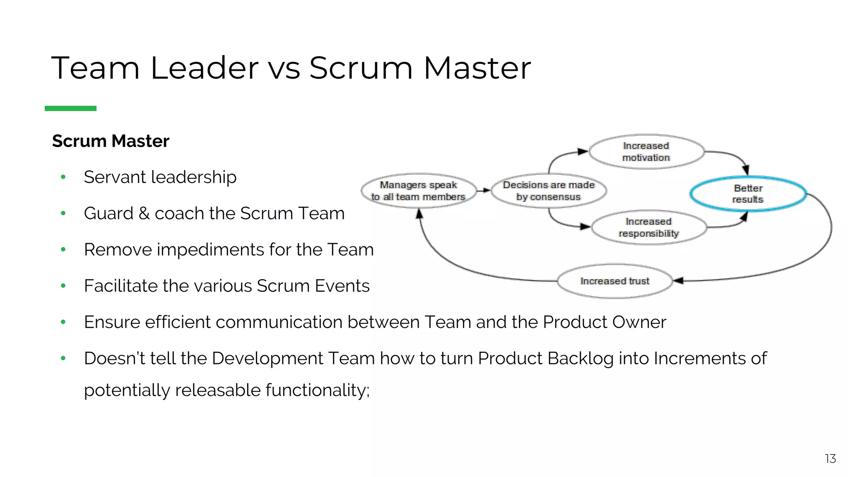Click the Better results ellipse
748,194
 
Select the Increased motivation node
646,152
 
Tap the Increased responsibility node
648,227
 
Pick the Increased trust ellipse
614,281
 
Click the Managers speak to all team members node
418,191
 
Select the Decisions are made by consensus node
549,191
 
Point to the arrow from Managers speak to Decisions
483,190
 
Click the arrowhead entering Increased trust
678,281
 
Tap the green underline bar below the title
70,108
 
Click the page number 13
830,458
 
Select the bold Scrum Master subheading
111,141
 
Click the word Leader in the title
204,68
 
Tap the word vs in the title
284,69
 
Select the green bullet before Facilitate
63,286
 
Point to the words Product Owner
604,322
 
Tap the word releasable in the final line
217,390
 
